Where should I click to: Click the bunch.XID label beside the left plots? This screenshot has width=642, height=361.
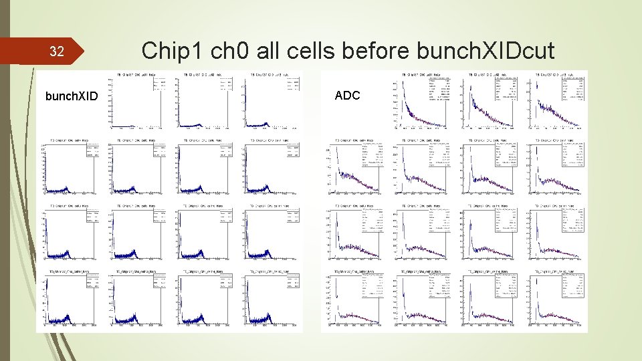tap(71, 96)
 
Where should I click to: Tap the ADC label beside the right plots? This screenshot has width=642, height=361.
tap(347, 96)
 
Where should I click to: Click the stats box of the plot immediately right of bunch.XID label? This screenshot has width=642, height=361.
tap(158, 83)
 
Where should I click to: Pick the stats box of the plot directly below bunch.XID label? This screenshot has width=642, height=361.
tap(92, 152)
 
